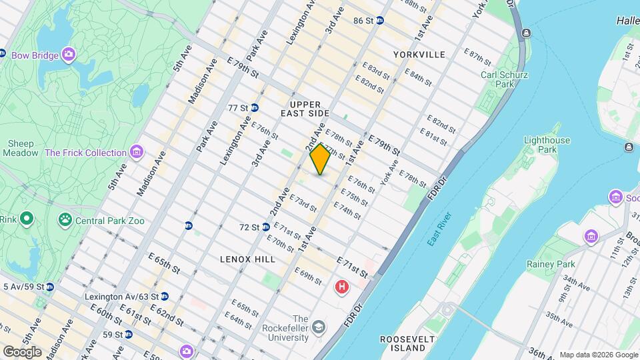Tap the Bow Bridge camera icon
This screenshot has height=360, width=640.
click(x=69, y=53)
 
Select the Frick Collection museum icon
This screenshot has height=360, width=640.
click(x=137, y=153)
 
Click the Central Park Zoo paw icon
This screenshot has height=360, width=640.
click(x=65, y=219)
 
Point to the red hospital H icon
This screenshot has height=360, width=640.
click(x=341, y=287)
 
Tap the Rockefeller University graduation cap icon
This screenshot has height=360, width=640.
click(x=320, y=326)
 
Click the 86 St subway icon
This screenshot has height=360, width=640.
click(x=380, y=21)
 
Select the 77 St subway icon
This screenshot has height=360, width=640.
click(x=255, y=107)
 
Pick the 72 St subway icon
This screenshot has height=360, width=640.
click(x=265, y=227)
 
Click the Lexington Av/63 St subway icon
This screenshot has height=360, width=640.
click(x=165, y=296)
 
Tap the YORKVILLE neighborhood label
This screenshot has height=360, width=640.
click(x=419, y=54)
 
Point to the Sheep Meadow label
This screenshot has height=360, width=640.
click(x=21, y=148)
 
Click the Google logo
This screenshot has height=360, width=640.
click(x=21, y=351)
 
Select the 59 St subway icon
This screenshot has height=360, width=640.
click(x=129, y=334)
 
